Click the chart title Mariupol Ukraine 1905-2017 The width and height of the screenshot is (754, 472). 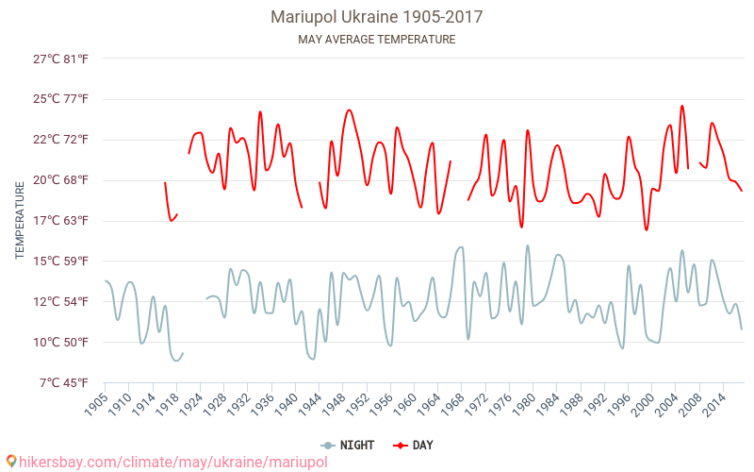point(376,17)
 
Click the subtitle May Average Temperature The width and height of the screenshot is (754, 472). point(376,40)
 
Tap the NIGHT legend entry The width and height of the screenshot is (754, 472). point(350,445)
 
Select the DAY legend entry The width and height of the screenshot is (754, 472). point(415,445)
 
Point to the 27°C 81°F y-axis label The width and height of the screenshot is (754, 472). point(61,59)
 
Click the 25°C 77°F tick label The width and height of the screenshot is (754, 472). point(61,99)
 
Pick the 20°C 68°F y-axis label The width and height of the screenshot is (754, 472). point(61,180)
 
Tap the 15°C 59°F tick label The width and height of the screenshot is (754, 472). point(61,261)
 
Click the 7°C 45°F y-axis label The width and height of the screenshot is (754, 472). point(63,382)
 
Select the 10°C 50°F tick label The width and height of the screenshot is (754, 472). point(61,342)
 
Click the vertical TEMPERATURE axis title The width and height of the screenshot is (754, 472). point(20,221)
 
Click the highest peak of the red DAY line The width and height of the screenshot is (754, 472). point(682,106)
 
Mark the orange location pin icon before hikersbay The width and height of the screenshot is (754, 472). point(10,462)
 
